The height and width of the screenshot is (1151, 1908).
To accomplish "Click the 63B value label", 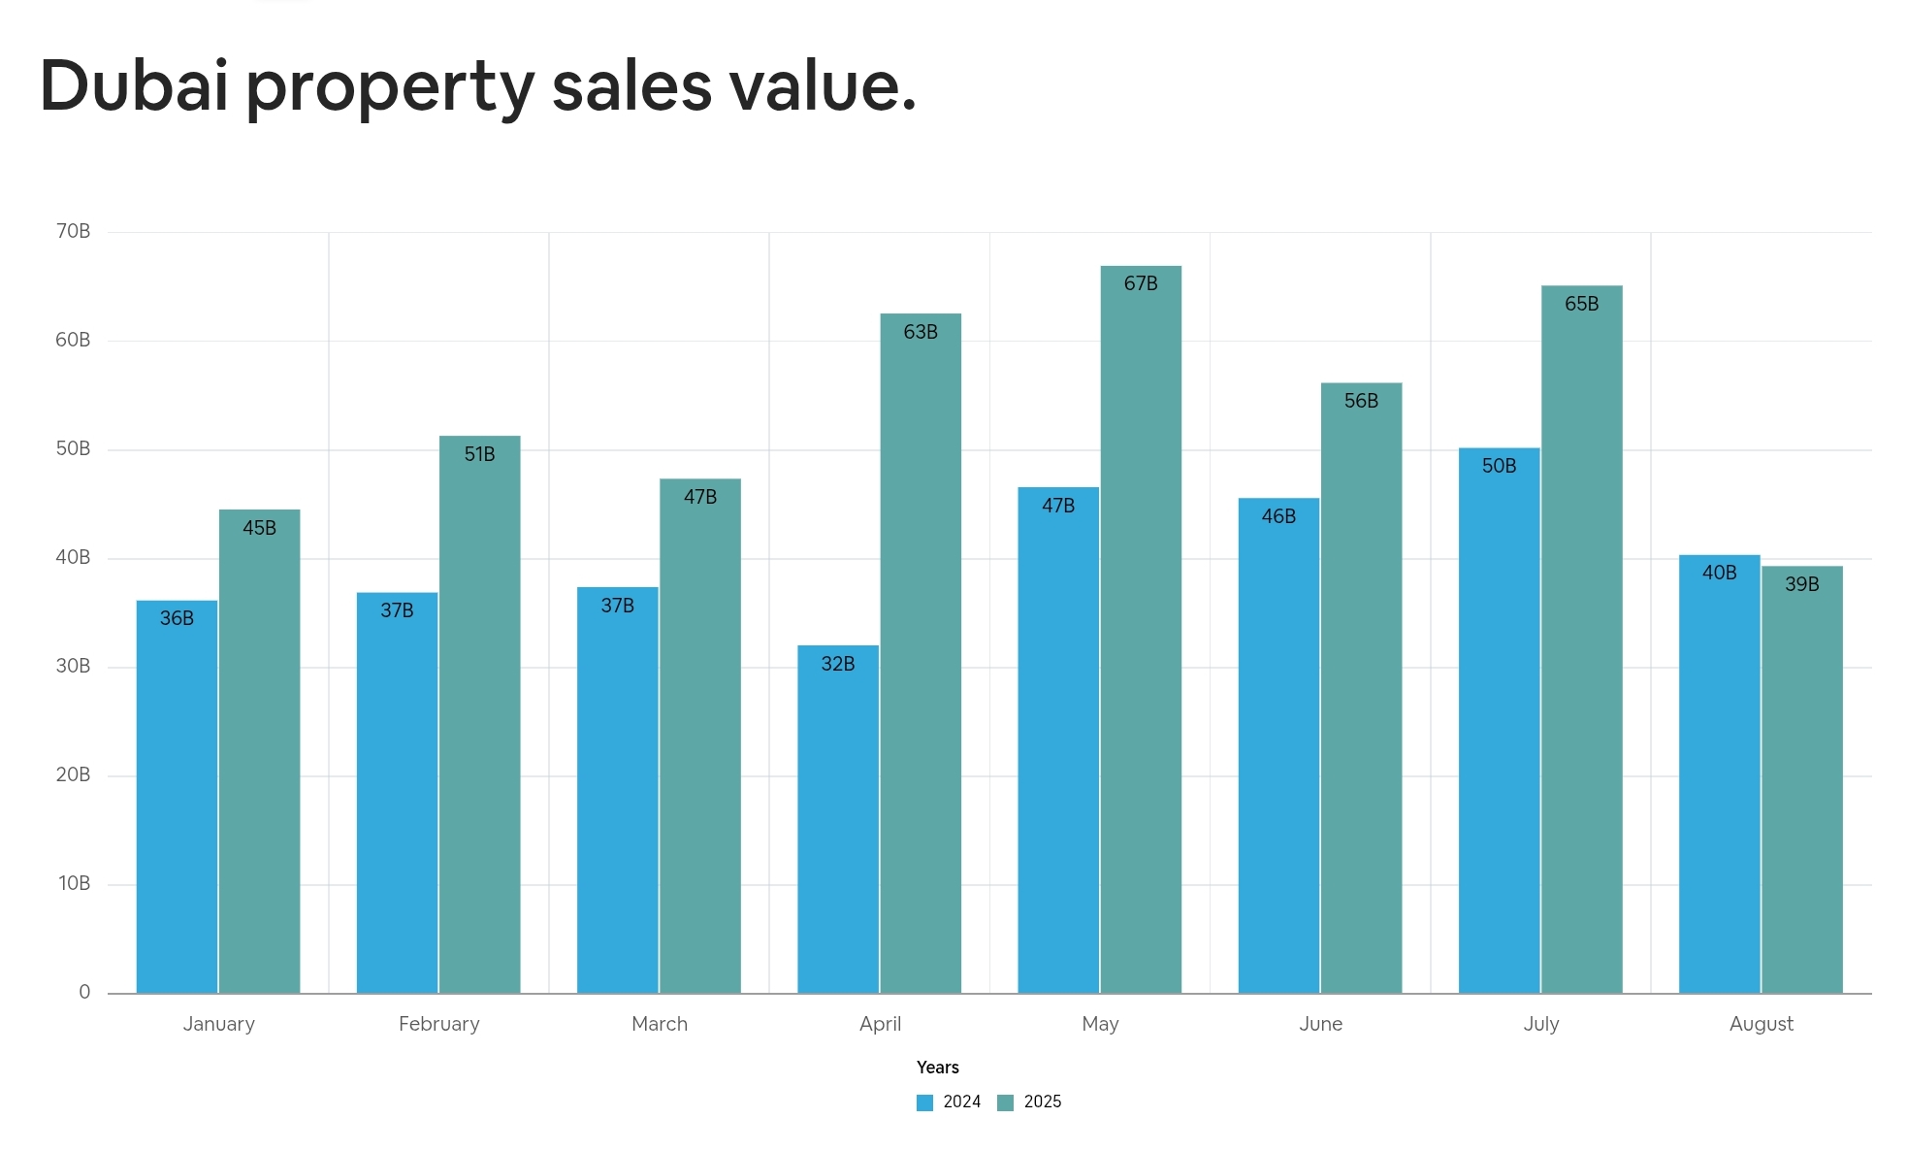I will tap(921, 332).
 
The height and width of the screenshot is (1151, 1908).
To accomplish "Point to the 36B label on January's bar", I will tap(177, 618).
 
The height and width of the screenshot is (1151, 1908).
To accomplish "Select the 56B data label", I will tap(1361, 401).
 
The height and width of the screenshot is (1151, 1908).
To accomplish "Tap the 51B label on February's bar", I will tap(479, 454).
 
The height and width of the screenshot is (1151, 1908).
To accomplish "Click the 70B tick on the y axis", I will tap(73, 231).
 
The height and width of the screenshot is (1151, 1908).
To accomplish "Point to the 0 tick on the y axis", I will tap(84, 992).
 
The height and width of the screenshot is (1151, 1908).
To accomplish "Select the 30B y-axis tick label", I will tap(73, 666).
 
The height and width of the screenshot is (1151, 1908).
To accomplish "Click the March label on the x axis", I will tap(660, 1024).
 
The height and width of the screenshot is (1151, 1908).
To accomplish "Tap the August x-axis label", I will tap(1762, 1024).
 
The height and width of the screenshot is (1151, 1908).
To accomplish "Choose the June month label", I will tap(1320, 1024).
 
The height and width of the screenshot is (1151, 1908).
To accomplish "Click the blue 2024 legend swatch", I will tap(924, 1102).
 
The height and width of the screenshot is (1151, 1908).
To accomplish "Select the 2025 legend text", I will tap(1043, 1102).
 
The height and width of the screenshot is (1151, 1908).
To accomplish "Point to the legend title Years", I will tap(937, 1068).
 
